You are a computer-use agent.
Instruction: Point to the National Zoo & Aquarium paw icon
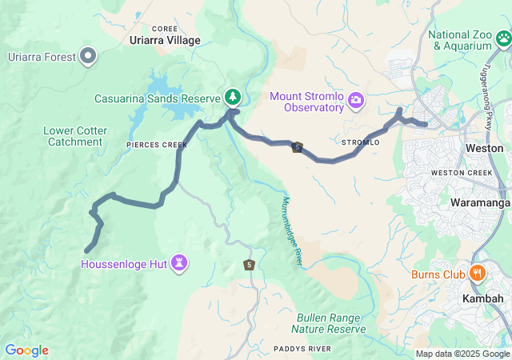point(502,38)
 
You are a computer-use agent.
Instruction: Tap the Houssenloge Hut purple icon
point(180,262)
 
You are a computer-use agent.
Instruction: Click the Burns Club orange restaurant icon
point(477,274)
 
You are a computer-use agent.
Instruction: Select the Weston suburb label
point(484,148)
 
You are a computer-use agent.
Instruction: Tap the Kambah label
point(483,298)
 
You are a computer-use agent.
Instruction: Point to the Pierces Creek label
point(156,145)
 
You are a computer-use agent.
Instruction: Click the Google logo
point(26,350)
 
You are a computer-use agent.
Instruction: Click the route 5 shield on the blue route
point(298,148)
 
